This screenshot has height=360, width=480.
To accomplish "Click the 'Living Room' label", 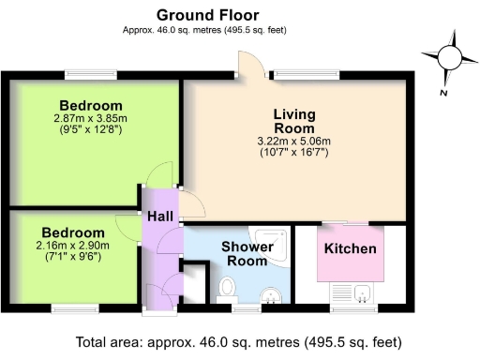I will [x=293, y=121].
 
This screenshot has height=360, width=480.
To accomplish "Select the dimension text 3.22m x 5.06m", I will [x=294, y=142].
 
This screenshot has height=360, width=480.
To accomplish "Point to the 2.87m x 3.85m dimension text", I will [x=90, y=119].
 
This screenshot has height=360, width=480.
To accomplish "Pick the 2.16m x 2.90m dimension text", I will [x=72, y=246].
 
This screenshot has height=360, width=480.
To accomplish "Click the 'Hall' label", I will [x=159, y=217].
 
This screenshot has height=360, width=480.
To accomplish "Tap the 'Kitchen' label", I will [x=350, y=249].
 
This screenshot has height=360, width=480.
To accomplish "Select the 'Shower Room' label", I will [x=247, y=254].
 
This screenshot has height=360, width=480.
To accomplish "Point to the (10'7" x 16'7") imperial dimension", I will [x=294, y=152].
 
